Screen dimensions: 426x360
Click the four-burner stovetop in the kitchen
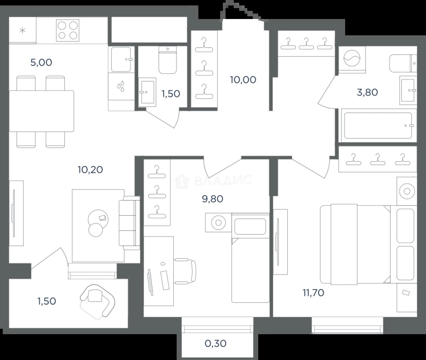pyautogui.click(x=68, y=31)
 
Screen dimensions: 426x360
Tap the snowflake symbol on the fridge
pyautogui.click(x=22, y=31)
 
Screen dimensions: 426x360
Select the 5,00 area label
pyautogui.click(x=41, y=62)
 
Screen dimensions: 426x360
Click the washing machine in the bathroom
pyautogui.click(x=352, y=59)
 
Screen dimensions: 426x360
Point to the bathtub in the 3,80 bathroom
pyautogui.click(x=377, y=126)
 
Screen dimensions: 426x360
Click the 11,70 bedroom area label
pyautogui.click(x=313, y=293)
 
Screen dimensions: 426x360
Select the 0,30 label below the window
pyautogui.click(x=215, y=343)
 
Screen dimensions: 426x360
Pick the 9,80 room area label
pyautogui.click(x=212, y=199)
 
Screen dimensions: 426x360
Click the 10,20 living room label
pyautogui.click(x=90, y=170)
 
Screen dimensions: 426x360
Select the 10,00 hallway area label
pyautogui.click(x=243, y=80)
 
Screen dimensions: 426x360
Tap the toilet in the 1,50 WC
pyautogui.click(x=167, y=60)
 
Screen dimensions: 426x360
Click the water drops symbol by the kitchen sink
pyautogui.click(x=121, y=86)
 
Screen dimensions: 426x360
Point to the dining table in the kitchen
pyautogui.click(x=41, y=111)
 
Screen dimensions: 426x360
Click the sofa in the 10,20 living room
pyautogui.click(x=129, y=223)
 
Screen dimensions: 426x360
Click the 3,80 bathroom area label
pyautogui.click(x=367, y=92)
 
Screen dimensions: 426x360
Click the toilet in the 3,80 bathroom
pyautogui.click(x=403, y=63)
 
